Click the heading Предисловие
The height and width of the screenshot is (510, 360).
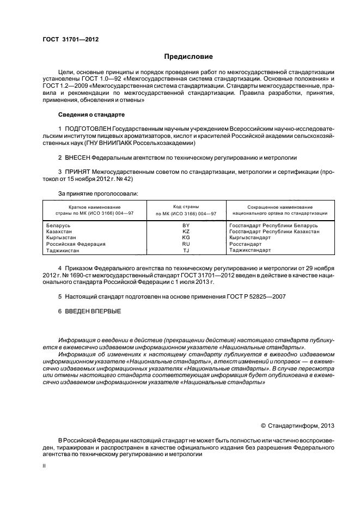point(188,57)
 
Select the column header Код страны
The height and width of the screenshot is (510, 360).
point(186,207)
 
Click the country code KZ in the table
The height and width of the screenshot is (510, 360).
point(186,232)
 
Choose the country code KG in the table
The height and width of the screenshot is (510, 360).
point(186,238)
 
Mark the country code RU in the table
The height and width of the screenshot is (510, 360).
point(186,244)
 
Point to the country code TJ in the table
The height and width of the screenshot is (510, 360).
point(186,251)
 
